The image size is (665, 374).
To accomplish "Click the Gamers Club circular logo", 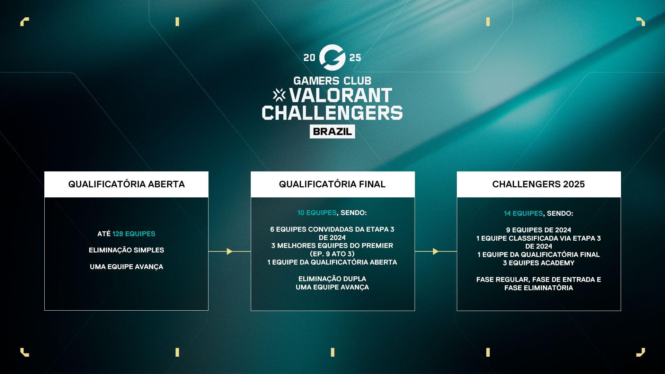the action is click(x=332, y=57).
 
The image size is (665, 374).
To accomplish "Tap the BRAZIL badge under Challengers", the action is click(x=332, y=132).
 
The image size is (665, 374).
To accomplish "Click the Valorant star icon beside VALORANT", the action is click(x=279, y=95).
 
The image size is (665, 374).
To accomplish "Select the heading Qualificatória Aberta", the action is click(x=126, y=184).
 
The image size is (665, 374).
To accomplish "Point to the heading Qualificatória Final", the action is click(x=332, y=184).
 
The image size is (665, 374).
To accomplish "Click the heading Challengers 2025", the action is click(x=539, y=184).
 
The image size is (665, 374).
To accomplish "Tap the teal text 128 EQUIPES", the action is click(x=134, y=234).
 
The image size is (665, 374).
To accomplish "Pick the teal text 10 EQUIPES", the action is click(x=317, y=213).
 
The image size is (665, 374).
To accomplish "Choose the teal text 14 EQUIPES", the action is click(x=523, y=213).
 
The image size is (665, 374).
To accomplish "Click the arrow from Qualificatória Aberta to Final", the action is click(x=230, y=251).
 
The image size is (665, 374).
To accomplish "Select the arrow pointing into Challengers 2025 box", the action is click(x=436, y=251).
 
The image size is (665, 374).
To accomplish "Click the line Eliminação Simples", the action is click(x=126, y=250).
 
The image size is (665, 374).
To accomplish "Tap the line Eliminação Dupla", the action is click(x=332, y=279).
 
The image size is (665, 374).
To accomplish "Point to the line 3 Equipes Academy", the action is click(x=539, y=263).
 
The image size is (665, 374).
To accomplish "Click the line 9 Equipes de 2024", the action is click(x=539, y=230).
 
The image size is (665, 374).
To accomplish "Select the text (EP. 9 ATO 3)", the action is click(x=332, y=254).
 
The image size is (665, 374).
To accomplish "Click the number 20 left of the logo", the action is click(x=309, y=57).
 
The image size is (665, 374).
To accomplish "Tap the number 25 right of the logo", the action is click(x=355, y=57).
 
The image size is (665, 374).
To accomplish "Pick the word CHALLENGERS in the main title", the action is click(x=332, y=113).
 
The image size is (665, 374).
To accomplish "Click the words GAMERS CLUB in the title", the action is click(x=332, y=81).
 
